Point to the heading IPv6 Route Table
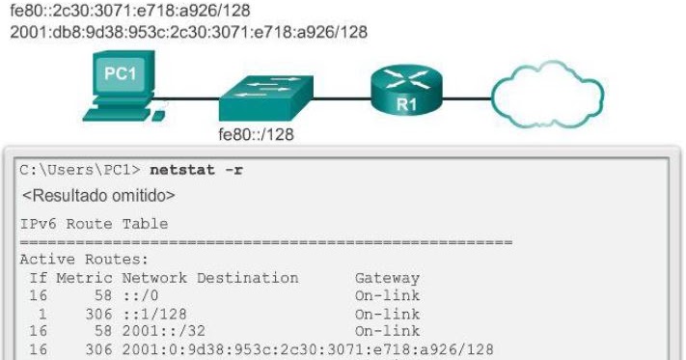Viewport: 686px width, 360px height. point(94,224)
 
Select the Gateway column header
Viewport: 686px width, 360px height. point(387,277)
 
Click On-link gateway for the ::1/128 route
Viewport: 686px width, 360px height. point(387,311)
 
